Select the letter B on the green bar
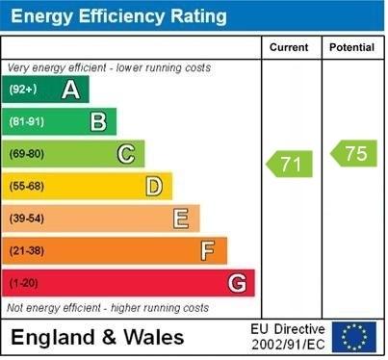click(x=98, y=121)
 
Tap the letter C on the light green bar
click(x=125, y=154)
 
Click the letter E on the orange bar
click(x=181, y=219)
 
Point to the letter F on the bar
click(x=208, y=251)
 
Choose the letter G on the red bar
click(x=237, y=283)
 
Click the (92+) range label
click(x=23, y=90)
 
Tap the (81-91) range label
click(x=27, y=121)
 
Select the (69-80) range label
click(x=27, y=154)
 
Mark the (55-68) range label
click(x=27, y=186)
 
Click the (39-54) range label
click(x=27, y=219)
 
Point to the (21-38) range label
click(x=27, y=251)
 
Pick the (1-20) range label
click(x=24, y=283)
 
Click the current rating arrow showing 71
click(x=291, y=164)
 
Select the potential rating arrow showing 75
click(x=353, y=153)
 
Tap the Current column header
click(x=289, y=47)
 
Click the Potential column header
click(x=351, y=47)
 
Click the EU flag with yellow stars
click(x=354, y=337)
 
